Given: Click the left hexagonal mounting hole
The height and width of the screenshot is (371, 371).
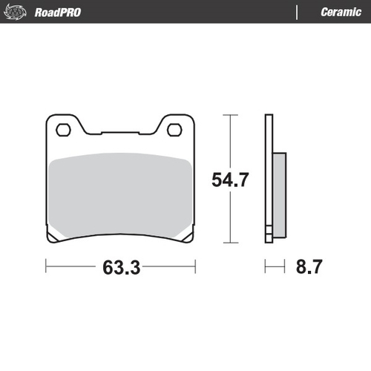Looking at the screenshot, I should (65, 130).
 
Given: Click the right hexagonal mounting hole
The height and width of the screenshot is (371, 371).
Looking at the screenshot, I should (175, 130).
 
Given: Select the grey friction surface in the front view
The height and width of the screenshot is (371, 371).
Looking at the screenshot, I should (120, 193).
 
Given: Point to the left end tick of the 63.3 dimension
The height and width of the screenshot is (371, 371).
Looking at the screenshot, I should (46, 265).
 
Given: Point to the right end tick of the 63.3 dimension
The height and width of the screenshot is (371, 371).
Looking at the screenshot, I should (194, 265).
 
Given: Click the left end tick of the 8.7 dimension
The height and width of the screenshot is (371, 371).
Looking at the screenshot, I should (266, 265).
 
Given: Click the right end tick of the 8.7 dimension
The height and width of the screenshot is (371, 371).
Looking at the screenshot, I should (285, 265).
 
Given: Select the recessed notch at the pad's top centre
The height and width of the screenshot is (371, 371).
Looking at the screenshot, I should (120, 134).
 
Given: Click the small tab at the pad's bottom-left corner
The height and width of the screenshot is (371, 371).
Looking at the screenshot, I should (53, 239).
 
